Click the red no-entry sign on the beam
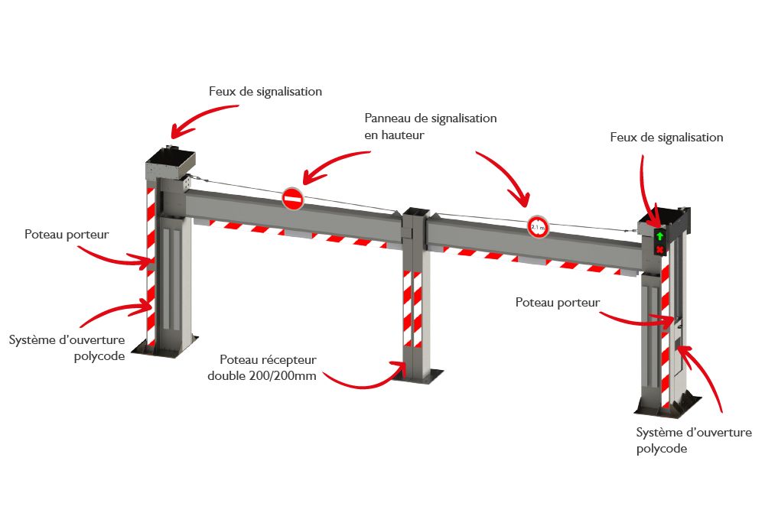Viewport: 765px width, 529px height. pos(292,199)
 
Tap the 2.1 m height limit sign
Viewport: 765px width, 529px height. pos(538,226)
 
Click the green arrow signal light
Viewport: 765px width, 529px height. pos(659,236)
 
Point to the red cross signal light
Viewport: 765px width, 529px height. pos(659,250)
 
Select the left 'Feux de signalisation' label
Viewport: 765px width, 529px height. pos(265,91)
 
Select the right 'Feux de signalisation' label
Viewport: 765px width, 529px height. pos(666,138)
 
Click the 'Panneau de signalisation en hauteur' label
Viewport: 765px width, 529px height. pos(431,126)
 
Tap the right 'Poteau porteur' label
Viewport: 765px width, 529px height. pos(557,302)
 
